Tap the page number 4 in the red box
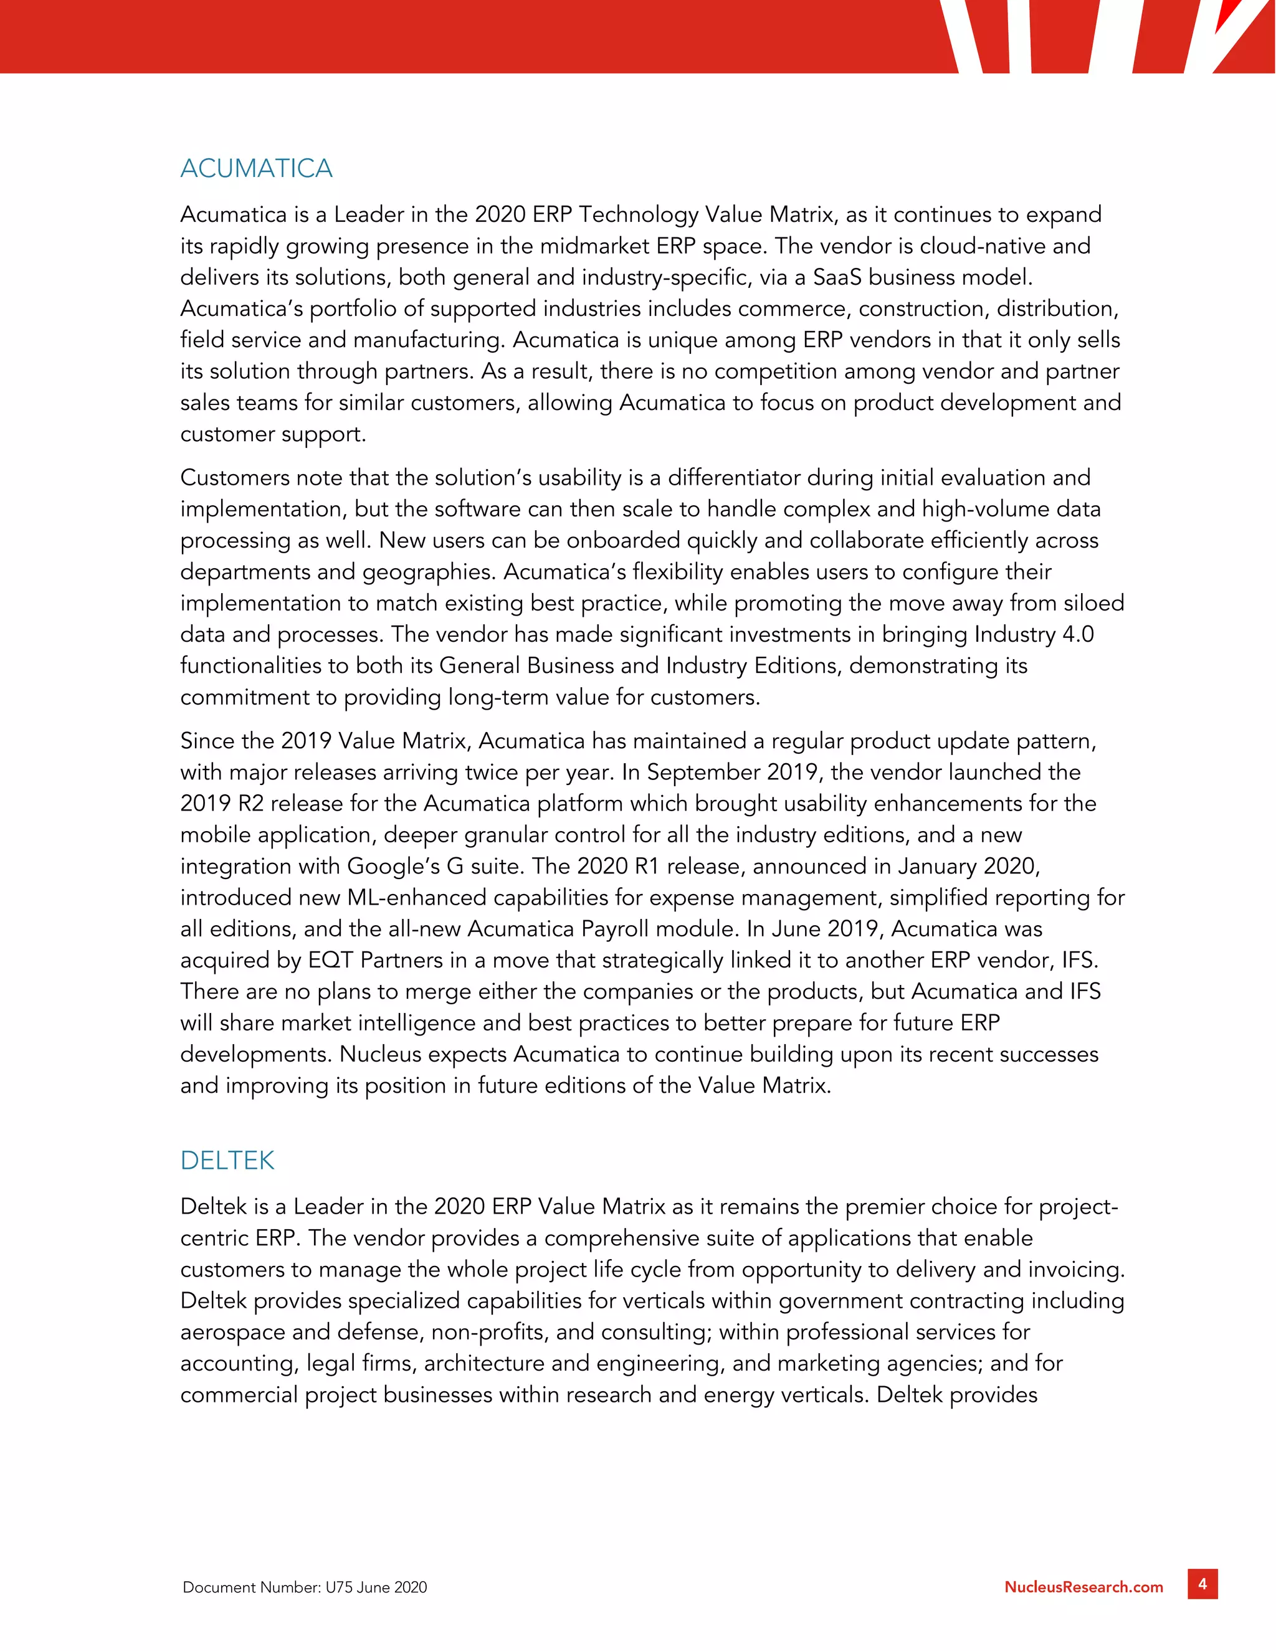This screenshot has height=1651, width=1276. pyautogui.click(x=1202, y=1584)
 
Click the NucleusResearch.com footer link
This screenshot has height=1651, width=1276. pyautogui.click(x=1083, y=1587)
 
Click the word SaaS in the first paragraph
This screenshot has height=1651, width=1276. pyautogui.click(x=837, y=277)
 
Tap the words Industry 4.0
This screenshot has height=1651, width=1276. pyautogui.click(x=1034, y=634)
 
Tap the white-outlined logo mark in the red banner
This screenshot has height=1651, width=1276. pyautogui.click(x=1112, y=36)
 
